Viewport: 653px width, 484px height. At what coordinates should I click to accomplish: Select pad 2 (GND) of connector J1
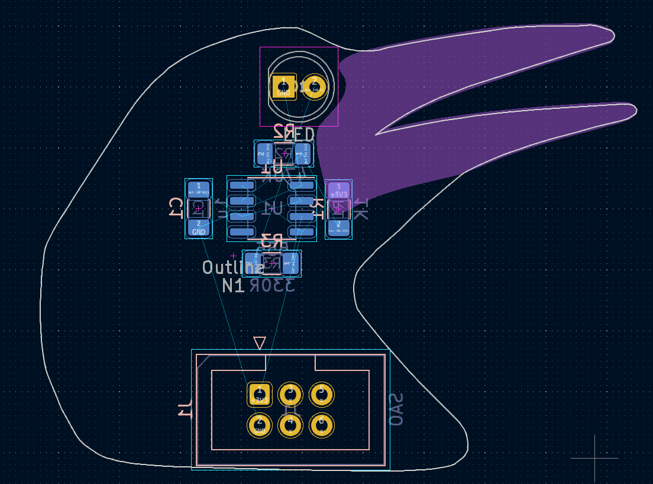[259, 425]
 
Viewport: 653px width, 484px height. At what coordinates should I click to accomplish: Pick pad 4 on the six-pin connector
[290, 425]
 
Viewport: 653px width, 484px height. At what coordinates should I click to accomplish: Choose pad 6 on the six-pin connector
[322, 425]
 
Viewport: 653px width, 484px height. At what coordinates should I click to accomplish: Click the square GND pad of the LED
[283, 86]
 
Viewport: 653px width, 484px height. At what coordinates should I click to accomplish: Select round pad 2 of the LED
[315, 86]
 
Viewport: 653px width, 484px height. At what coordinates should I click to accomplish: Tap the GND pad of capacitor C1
[199, 227]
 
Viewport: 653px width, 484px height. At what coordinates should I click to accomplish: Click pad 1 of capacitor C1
[199, 189]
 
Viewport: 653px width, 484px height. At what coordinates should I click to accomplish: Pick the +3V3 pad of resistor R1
[339, 191]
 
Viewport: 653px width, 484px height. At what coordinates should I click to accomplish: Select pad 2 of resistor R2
[263, 154]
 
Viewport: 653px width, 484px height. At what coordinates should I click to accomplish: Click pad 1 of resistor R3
[290, 263]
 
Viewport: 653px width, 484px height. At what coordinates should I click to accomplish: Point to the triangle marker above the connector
[259, 343]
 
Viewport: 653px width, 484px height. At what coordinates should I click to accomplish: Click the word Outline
[233, 267]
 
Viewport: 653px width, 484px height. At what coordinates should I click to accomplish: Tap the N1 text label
[233, 286]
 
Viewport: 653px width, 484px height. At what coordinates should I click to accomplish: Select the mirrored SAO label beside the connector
[396, 409]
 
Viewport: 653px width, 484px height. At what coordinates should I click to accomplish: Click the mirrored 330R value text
[272, 286]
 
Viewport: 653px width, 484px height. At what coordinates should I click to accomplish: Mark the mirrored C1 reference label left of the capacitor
[176, 208]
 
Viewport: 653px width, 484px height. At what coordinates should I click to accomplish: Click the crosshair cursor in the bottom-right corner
[594, 458]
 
